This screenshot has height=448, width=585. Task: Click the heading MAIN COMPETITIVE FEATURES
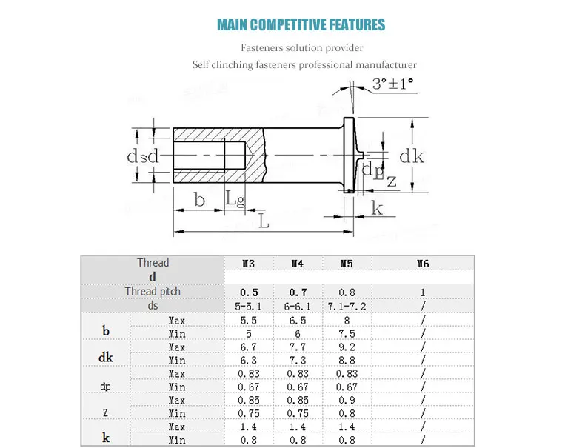click(301, 24)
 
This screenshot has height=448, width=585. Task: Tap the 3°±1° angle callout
click(393, 84)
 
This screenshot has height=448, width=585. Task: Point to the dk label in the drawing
click(412, 156)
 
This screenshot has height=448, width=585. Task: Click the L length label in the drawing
click(264, 221)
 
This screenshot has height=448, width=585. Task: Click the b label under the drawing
click(198, 199)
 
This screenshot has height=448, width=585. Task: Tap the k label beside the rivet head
click(377, 209)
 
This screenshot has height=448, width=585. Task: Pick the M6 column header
click(423, 263)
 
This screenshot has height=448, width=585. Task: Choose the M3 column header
click(249, 263)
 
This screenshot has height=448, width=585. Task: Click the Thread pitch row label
click(153, 291)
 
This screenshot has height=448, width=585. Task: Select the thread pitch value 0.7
click(298, 292)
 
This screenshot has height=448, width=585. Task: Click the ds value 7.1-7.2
click(347, 305)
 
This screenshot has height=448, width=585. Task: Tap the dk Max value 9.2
click(347, 347)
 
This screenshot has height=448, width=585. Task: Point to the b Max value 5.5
click(249, 321)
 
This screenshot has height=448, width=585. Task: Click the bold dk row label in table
click(105, 358)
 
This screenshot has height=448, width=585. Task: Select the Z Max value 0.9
click(347, 401)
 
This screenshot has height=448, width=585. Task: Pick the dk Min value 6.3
click(249, 361)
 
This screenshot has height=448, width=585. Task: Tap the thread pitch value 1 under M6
click(423, 292)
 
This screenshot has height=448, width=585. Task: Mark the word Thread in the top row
click(153, 263)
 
